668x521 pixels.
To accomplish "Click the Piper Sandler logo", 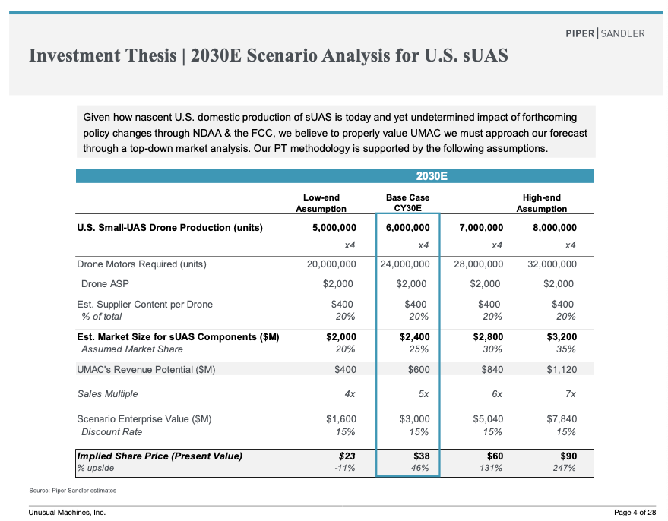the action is tap(605, 33).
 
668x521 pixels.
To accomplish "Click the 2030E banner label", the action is tap(432, 176).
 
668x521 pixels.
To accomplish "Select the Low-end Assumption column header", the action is tap(321, 203).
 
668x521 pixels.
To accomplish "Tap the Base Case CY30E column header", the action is tap(407, 203).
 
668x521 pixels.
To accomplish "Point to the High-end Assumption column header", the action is tap(542, 203).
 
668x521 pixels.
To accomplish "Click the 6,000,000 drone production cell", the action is tap(407, 228).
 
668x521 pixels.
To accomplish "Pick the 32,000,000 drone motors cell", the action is tap(552, 264).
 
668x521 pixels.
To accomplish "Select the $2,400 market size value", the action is tap(414, 337).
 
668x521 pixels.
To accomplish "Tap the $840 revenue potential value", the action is tap(492, 370).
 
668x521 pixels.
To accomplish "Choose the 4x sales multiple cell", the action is tap(350, 394).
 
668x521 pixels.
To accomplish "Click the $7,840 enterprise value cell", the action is tap(562, 419).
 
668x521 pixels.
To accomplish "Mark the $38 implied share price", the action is tap(421, 456).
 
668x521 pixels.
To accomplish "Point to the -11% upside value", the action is tap(345, 469).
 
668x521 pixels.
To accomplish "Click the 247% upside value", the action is tap(565, 469).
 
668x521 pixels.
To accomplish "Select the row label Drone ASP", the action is tap(105, 284).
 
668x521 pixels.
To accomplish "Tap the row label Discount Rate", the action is tap(112, 432).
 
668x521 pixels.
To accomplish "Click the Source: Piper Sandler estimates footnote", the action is tap(72, 491).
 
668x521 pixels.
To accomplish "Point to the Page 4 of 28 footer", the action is tap(635, 512).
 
